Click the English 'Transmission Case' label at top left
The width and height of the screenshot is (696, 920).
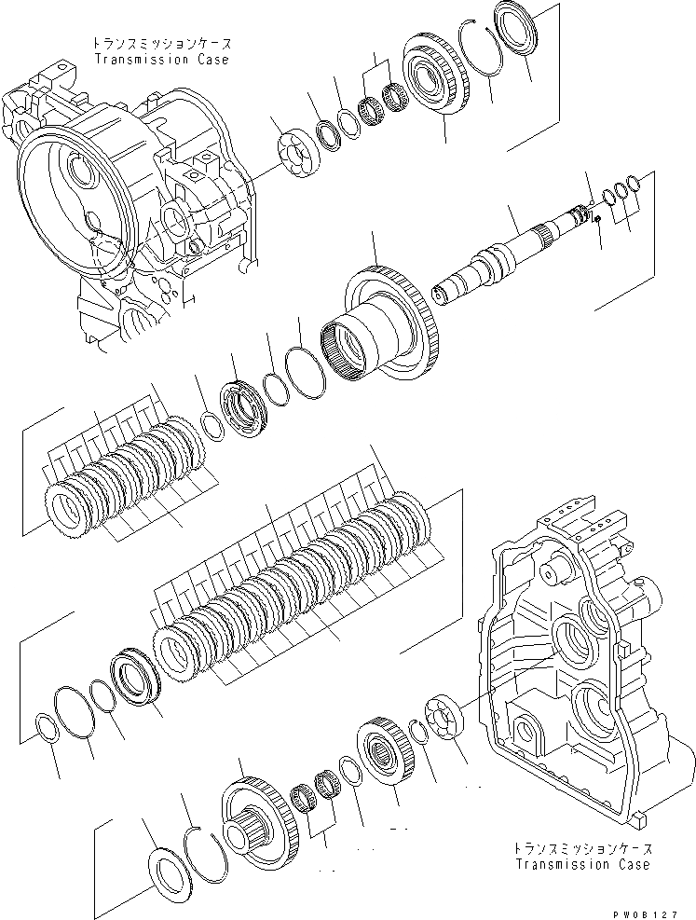point(161,59)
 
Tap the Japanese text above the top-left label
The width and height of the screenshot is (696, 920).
point(160,44)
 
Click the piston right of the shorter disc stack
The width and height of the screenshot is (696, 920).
point(245,410)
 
